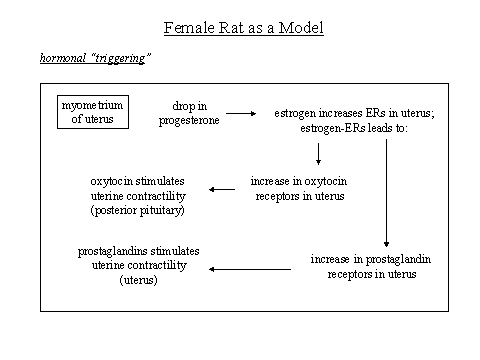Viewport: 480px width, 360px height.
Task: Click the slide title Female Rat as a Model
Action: (243, 27)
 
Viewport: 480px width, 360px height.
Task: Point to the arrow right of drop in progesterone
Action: (239, 113)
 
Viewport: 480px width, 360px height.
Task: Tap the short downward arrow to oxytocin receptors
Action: (317, 152)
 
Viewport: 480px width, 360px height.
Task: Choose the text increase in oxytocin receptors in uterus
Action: (298, 189)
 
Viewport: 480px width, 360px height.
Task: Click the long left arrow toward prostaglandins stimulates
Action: (250, 267)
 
